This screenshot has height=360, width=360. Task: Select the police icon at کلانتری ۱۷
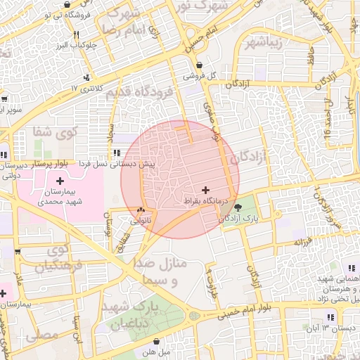(x=86, y=77)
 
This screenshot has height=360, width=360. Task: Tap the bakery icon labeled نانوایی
(x=141, y=210)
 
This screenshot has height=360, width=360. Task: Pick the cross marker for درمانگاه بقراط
(x=205, y=190)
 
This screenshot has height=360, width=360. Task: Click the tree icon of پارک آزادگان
(x=238, y=207)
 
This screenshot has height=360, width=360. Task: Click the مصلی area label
(x=41, y=336)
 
